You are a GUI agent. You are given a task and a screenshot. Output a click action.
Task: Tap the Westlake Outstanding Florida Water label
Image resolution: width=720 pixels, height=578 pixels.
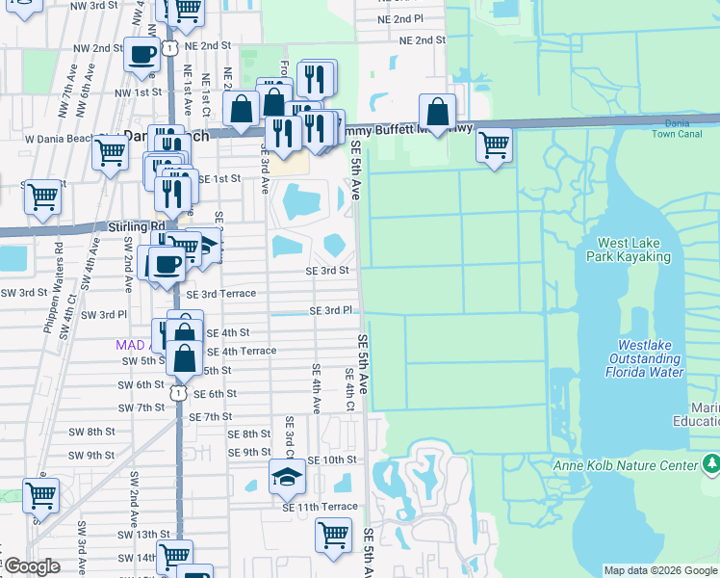click(x=651, y=357)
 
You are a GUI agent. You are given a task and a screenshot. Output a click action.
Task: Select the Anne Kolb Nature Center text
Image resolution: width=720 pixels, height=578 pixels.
click(x=624, y=466)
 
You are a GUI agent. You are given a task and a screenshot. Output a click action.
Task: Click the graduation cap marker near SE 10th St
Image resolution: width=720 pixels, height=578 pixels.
click(x=286, y=475)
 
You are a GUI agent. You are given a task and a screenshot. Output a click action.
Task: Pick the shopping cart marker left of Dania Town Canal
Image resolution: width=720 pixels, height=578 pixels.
click(x=494, y=144)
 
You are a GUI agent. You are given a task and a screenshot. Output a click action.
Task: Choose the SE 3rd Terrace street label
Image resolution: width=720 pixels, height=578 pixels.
click(x=221, y=294)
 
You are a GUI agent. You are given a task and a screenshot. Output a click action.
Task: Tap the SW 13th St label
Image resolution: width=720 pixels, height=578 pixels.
click(x=143, y=534)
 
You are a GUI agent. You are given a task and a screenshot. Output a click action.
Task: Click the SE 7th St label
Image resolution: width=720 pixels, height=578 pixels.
click(x=211, y=416)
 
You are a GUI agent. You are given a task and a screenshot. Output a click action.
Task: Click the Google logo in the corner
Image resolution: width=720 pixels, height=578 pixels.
click(x=32, y=566)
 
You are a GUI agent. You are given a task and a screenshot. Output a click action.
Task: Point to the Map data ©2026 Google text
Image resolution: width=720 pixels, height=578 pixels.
click(x=660, y=570)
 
